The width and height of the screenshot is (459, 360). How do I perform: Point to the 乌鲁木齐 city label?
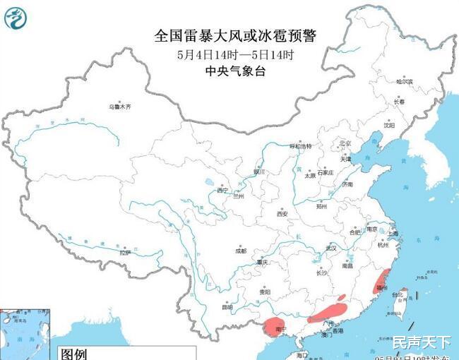[119, 107]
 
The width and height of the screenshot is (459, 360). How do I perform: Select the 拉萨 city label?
[125, 252]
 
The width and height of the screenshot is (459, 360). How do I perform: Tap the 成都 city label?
[241, 251]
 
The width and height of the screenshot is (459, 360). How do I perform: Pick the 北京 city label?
[345, 143]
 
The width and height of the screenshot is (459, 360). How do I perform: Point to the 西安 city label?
[282, 213]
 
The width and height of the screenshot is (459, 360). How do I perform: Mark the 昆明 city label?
[227, 307]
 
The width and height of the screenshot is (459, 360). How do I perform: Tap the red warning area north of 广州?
[329, 311]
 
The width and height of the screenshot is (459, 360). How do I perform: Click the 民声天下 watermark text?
[421, 343]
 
